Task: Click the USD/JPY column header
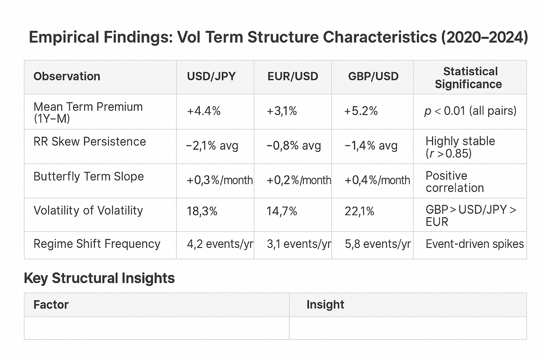pyautogui.click(x=211, y=76)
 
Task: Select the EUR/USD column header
pyautogui.click(x=292, y=76)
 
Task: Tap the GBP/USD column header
pyautogui.click(x=373, y=76)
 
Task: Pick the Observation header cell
pyautogui.click(x=67, y=76)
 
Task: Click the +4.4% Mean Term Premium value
pyautogui.click(x=204, y=111)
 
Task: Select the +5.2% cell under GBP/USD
pyautogui.click(x=361, y=111)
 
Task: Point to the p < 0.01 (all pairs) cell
pyautogui.click(x=470, y=111)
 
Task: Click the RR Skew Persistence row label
pyautogui.click(x=90, y=142)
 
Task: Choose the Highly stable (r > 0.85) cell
pyautogui.click(x=460, y=147)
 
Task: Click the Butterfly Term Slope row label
pyautogui.click(x=89, y=176)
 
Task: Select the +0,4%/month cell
pyautogui.click(x=377, y=180)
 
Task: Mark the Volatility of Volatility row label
pyautogui.click(x=88, y=211)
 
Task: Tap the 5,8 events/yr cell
pyautogui.click(x=378, y=244)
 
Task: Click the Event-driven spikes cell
pyautogui.click(x=475, y=244)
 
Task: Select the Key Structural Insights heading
pyautogui.click(x=99, y=278)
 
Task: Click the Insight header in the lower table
pyautogui.click(x=325, y=305)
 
